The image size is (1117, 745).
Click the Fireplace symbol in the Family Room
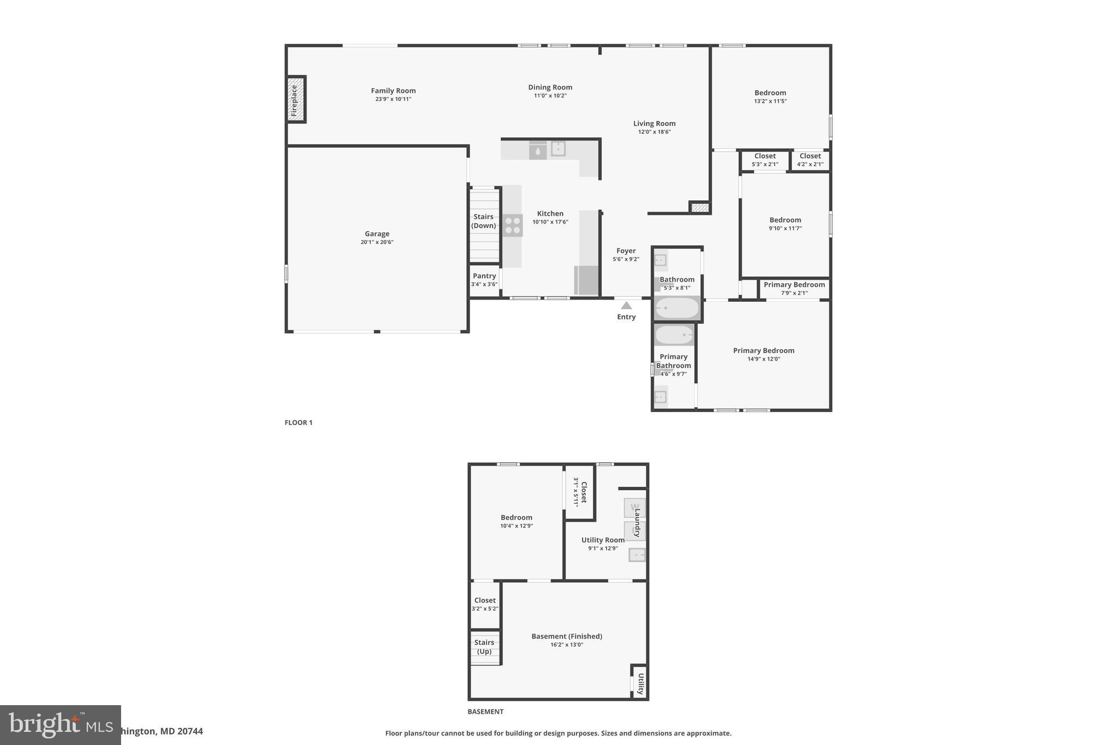coord(295,99)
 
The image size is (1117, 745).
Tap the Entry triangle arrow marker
coord(626,306)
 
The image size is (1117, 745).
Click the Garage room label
coord(377,234)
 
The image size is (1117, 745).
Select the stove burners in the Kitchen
coord(513,225)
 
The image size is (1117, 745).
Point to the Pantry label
coord(484,276)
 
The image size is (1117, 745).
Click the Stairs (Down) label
coord(483,221)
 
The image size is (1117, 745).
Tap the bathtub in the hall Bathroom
coord(677,308)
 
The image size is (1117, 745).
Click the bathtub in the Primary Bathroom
coord(674,335)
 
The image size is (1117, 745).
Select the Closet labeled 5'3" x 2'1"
coord(765,160)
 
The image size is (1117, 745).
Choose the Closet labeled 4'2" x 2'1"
coord(810,160)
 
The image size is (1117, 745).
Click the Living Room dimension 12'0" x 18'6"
coord(654,132)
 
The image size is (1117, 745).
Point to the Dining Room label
coord(550,87)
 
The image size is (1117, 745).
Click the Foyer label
coord(626,251)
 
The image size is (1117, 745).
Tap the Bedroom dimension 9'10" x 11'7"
coord(785,229)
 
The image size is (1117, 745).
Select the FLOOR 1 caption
coord(298,422)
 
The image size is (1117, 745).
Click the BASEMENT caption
coord(485,712)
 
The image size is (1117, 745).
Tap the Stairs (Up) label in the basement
coord(484,647)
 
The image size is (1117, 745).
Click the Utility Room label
coord(603,540)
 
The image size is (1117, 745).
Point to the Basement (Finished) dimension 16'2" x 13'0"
coord(567,645)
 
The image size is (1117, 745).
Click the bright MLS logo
coord(60,725)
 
